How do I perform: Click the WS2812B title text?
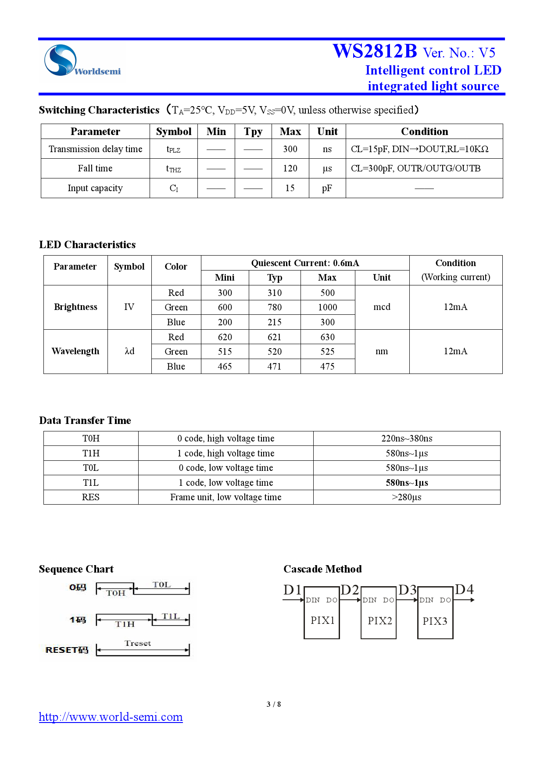(375, 51)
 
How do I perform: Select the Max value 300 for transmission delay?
(290, 149)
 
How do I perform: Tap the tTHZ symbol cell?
(173, 169)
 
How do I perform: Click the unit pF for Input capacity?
(327, 188)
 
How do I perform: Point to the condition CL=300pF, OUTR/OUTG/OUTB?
(415, 168)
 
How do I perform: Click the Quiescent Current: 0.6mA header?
(305, 263)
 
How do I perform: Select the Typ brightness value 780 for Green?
(275, 307)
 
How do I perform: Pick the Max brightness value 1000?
(327, 307)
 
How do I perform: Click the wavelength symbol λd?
(129, 351)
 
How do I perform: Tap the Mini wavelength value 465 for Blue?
(225, 367)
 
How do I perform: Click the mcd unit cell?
(382, 307)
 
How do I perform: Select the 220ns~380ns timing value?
(407, 438)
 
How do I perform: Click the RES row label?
(91, 497)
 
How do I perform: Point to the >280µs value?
(407, 497)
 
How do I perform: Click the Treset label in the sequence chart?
(137, 643)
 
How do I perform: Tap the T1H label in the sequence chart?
(125, 624)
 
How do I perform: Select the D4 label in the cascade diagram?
(464, 590)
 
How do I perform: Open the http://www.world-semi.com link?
(111, 717)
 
